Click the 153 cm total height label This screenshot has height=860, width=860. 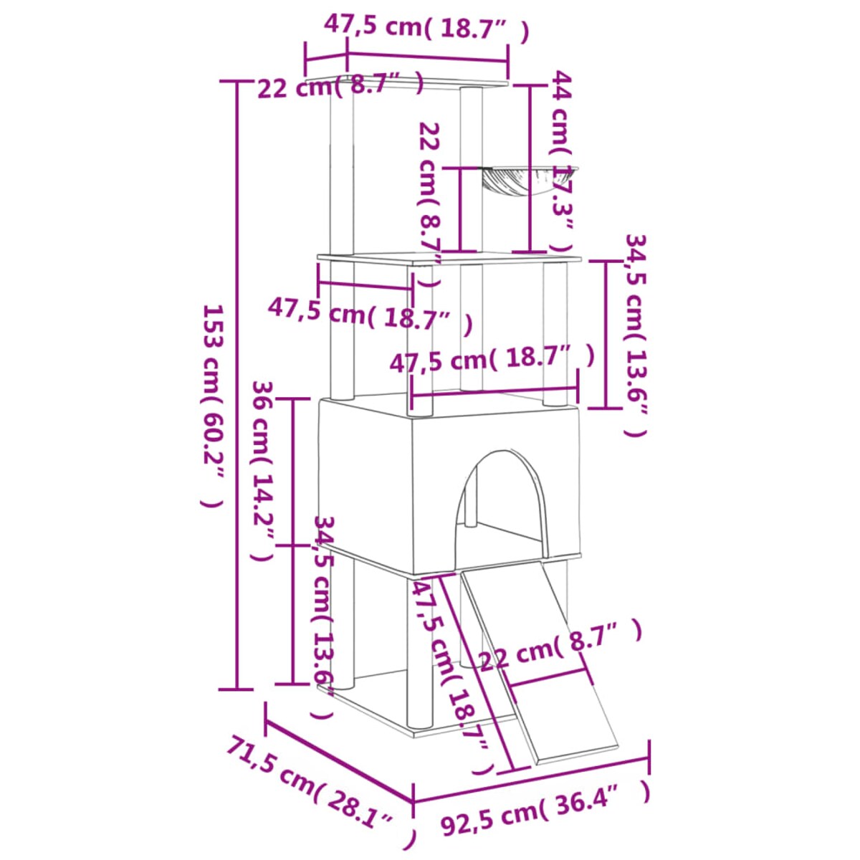point(214,405)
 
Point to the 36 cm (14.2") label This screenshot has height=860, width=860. point(263,469)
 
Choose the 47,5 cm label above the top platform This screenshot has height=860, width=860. point(426,27)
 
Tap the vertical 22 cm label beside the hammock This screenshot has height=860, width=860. point(431,204)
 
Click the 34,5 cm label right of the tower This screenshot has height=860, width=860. point(636,333)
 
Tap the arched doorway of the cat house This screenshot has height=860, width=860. point(500,505)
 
